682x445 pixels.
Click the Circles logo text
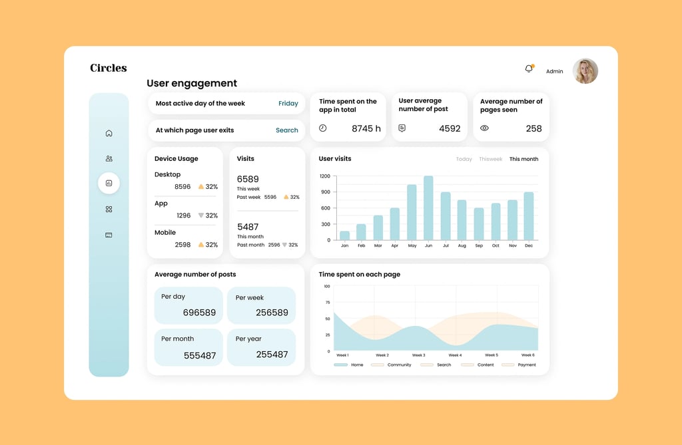[x=109, y=68]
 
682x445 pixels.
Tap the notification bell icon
[x=529, y=69]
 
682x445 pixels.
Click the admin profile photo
[x=585, y=71]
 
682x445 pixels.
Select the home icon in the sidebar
[x=109, y=133]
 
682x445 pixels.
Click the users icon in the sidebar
[x=109, y=158]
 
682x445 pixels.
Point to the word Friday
[x=288, y=103]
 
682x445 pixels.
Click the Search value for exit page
[x=286, y=130]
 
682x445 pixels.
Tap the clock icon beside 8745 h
[x=323, y=128]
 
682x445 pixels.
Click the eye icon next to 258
[x=484, y=128]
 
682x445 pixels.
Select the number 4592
[x=450, y=128]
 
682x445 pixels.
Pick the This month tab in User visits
[x=523, y=159]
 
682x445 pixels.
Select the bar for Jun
[x=428, y=208]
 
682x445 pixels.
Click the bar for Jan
[x=344, y=235]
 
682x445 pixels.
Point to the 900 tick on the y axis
[x=325, y=192]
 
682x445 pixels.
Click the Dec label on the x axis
[x=528, y=245]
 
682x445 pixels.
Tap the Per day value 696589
[x=199, y=313]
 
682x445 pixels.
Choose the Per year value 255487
[x=272, y=355]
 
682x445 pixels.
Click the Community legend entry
[x=391, y=365]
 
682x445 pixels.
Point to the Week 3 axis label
[x=419, y=355]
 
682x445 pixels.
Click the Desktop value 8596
[x=182, y=186]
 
